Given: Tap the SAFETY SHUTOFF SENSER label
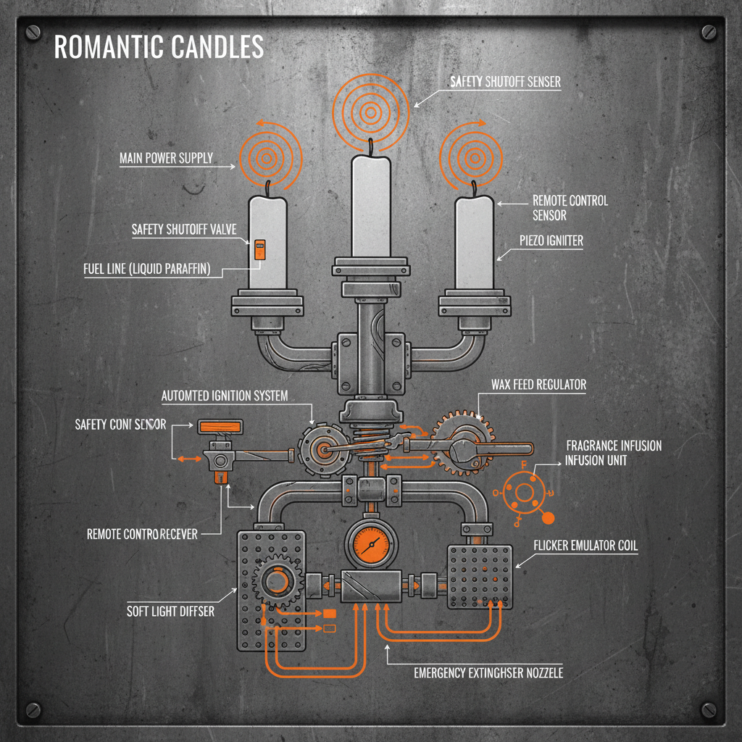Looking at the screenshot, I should coord(505,82).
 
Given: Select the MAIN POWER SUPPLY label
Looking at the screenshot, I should coord(166,158).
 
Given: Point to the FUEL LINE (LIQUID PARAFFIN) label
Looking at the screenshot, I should coord(146,270).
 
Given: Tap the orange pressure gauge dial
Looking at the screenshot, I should coord(370,543).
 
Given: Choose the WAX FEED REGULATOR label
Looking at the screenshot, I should coord(538,384).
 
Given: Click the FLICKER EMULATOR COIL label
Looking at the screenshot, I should coord(585,546).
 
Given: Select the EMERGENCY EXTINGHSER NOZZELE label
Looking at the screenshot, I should coord(488,672).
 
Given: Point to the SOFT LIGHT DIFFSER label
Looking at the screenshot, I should coord(170,611).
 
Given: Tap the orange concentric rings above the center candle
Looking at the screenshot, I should coord(370,112).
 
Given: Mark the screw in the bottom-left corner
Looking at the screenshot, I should coord(33,709).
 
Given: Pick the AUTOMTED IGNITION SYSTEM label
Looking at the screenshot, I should coord(224,396).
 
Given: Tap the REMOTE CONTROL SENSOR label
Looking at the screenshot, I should coord(570,207).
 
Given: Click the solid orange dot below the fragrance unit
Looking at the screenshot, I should coord(548,517).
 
